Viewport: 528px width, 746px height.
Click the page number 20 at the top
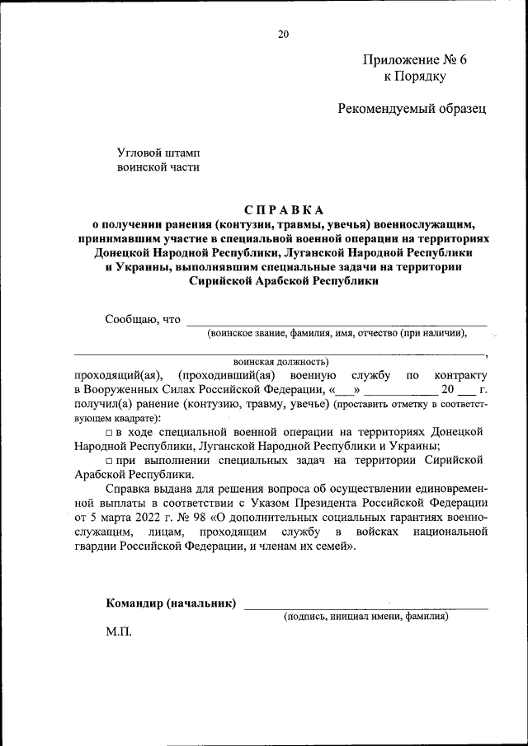pos(284,34)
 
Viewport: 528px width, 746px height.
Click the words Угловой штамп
pos(158,152)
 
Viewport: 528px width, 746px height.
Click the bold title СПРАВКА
pos(284,209)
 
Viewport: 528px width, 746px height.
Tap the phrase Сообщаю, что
pos(143,319)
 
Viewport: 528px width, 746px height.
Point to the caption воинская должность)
pos(281,361)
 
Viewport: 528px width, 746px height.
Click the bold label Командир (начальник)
pos(171,603)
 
